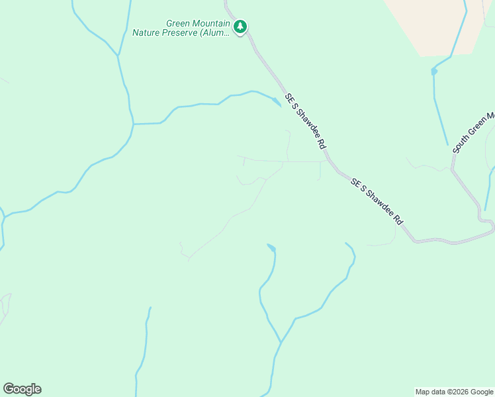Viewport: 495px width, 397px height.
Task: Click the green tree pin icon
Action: coord(240,26)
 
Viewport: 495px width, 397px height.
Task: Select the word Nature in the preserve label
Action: coord(148,32)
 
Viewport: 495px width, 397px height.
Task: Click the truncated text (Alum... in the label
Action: coord(215,32)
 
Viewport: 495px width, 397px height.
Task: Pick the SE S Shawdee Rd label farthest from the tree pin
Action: coord(377,201)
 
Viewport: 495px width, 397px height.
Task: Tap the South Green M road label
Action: coord(473,133)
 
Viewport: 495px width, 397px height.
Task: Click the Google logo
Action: coord(22,389)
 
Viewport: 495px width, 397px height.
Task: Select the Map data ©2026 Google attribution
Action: coord(455,392)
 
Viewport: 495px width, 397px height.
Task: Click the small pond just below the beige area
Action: coord(433,71)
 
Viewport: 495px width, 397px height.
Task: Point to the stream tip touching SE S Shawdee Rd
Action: coord(278,103)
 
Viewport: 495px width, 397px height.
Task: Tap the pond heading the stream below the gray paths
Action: coord(271,248)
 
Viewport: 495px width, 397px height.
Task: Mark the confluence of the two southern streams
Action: coord(281,342)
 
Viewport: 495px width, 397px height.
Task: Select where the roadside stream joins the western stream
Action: coord(133,124)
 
